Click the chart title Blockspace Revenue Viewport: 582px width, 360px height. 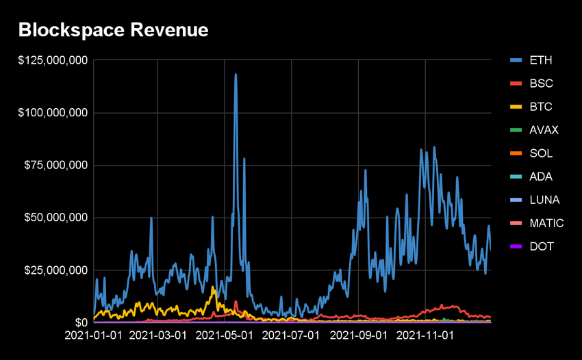tap(113, 30)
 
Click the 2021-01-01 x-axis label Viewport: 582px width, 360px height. tap(93, 336)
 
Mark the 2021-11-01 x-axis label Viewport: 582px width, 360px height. tap(426, 336)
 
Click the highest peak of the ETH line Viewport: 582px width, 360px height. tap(236, 75)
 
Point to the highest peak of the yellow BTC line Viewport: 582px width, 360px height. tap(213, 287)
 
